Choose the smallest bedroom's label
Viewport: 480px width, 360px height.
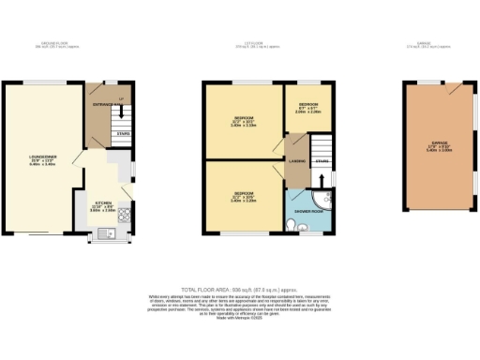tap(309, 105)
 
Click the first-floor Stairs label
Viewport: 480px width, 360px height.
tap(322, 161)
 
